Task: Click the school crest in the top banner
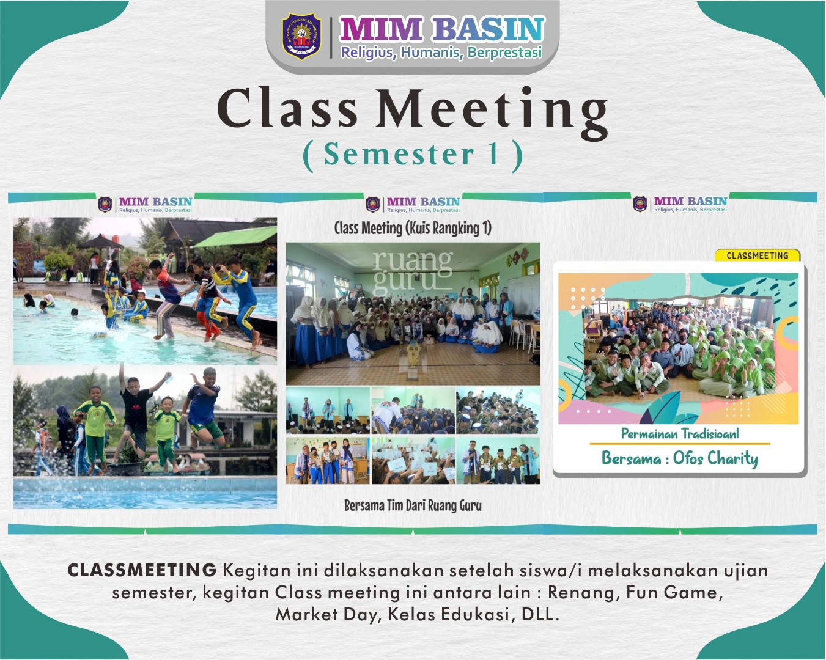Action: click(301, 37)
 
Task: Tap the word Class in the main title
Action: click(287, 109)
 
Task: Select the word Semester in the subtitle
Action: click(399, 154)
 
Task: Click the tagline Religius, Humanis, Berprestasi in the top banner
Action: click(441, 53)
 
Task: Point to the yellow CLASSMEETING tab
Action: click(757, 255)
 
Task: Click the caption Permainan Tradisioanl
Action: click(680, 434)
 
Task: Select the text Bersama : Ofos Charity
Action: click(680, 458)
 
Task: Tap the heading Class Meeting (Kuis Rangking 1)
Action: click(413, 229)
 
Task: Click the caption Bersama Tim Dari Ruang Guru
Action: click(413, 505)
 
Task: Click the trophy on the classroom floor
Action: click(413, 361)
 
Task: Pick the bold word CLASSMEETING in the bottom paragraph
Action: click(142, 570)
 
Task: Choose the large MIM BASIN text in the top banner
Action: click(441, 29)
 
